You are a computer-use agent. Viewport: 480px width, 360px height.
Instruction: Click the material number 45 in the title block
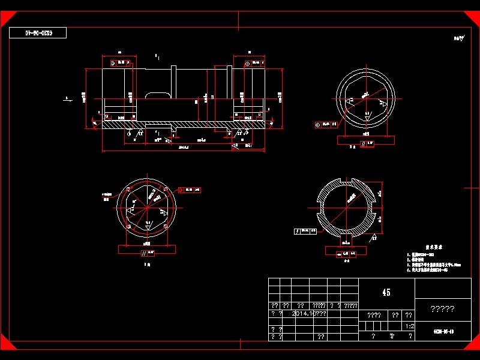pyautogui.click(x=386, y=292)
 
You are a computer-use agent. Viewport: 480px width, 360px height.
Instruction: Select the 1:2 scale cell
pyautogui.click(x=410, y=326)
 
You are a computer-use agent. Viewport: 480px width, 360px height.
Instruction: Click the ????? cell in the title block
pyautogui.click(x=443, y=310)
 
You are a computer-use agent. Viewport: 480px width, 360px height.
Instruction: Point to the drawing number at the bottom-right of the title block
pyautogui.click(x=443, y=331)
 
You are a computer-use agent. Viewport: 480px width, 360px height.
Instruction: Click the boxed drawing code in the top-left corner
pyautogui.click(x=38, y=33)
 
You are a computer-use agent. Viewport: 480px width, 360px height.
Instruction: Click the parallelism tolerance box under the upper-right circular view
pyautogui.click(x=367, y=143)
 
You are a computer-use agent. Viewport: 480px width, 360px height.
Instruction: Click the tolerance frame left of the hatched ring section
pyautogui.click(x=306, y=230)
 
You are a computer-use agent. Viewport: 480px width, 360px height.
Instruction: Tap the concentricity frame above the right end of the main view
pyautogui.click(x=254, y=62)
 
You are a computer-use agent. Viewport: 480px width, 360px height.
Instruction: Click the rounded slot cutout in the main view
pyautogui.click(x=157, y=95)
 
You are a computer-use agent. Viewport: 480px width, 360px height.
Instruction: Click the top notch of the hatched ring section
pyautogui.click(x=348, y=180)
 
